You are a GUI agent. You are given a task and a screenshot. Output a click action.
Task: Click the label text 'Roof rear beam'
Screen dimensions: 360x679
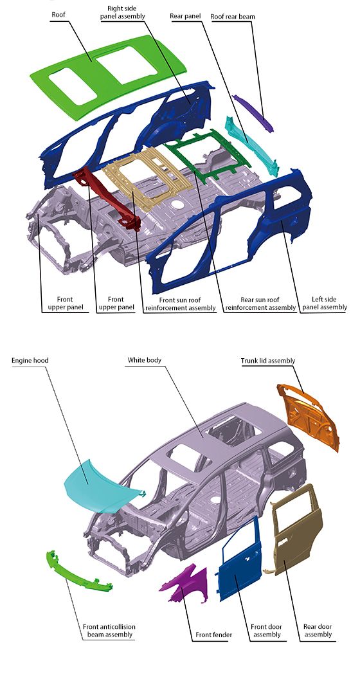(232, 17)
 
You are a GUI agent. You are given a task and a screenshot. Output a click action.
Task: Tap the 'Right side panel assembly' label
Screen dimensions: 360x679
(122, 12)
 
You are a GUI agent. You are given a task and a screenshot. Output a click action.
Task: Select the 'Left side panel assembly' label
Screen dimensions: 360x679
(324, 303)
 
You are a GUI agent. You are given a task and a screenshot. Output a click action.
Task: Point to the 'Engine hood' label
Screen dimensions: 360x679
(30, 360)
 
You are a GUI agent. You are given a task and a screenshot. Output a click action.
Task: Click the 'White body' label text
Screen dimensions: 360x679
(144, 360)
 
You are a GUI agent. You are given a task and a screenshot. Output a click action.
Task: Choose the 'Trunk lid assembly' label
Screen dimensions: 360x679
(268, 361)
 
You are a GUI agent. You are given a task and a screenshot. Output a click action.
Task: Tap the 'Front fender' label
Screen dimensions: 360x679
(213, 635)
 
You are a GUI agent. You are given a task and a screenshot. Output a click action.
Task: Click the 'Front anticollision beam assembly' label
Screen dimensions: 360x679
(109, 631)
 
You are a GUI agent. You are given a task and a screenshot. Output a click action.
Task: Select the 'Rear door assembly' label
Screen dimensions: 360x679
(318, 631)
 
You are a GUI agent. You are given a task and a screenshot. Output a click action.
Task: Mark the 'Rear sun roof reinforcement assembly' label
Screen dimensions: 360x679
(260, 303)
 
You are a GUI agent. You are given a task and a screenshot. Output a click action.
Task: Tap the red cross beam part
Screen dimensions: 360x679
(108, 198)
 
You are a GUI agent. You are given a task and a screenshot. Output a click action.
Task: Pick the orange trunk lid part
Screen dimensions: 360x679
(309, 417)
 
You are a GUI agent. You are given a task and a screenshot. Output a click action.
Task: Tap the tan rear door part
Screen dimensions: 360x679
(297, 529)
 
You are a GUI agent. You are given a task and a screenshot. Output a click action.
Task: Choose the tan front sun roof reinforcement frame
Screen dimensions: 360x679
(147, 178)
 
